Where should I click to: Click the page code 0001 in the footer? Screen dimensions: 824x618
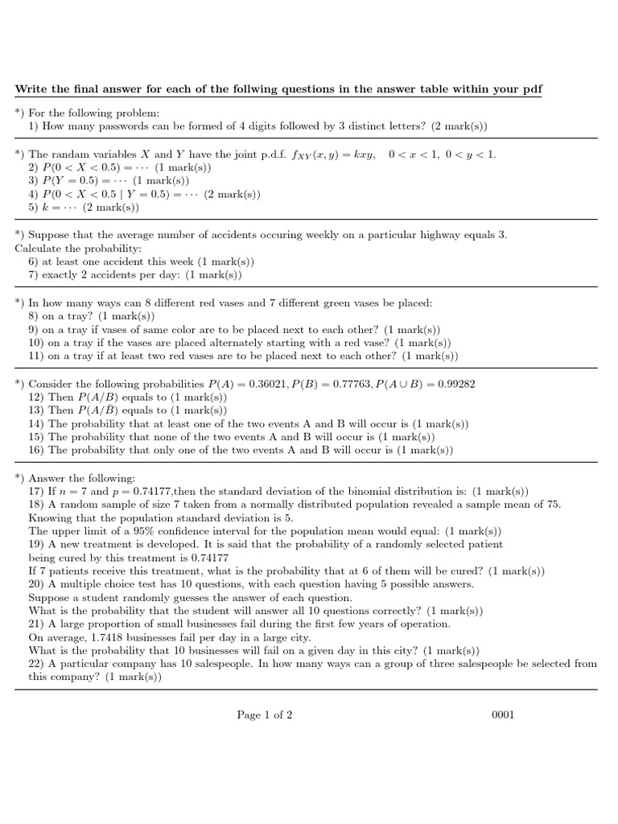pos(502,715)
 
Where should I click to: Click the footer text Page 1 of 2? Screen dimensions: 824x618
pos(265,715)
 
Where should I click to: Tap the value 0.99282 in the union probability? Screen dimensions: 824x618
pos(456,384)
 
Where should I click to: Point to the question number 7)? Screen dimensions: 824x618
pos(33,275)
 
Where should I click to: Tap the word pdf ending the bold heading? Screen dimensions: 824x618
pos(533,88)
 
